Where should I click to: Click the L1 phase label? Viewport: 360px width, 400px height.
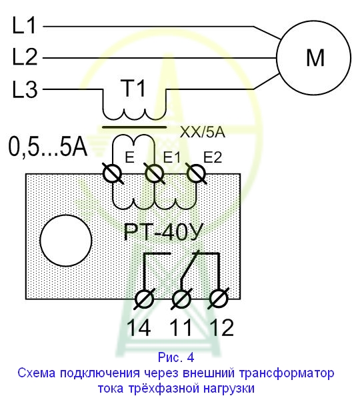coord(24,25)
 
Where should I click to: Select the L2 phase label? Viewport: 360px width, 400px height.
coord(25,57)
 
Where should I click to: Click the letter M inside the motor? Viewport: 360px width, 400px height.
coord(315,57)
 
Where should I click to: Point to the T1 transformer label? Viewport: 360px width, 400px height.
coord(134,88)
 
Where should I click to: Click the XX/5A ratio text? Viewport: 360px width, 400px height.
coord(203,132)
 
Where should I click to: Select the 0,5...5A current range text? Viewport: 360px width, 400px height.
coord(48,147)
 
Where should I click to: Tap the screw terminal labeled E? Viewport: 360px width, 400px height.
coord(112,174)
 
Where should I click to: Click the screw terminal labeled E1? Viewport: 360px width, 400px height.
coord(154,174)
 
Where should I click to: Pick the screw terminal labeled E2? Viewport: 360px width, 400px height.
coord(196,174)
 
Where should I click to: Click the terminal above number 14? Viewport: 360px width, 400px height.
coord(144,299)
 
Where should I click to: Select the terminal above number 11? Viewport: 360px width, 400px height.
coord(181,299)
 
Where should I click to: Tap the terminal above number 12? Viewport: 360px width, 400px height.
coord(219,299)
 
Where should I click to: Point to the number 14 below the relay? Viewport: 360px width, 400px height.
coord(139,327)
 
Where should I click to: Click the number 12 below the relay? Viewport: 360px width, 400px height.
coord(221,327)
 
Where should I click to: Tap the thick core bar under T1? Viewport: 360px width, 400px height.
coord(134,127)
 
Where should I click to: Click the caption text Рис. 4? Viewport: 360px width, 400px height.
coord(176,357)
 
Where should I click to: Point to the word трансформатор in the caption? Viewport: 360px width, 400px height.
coord(287,373)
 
